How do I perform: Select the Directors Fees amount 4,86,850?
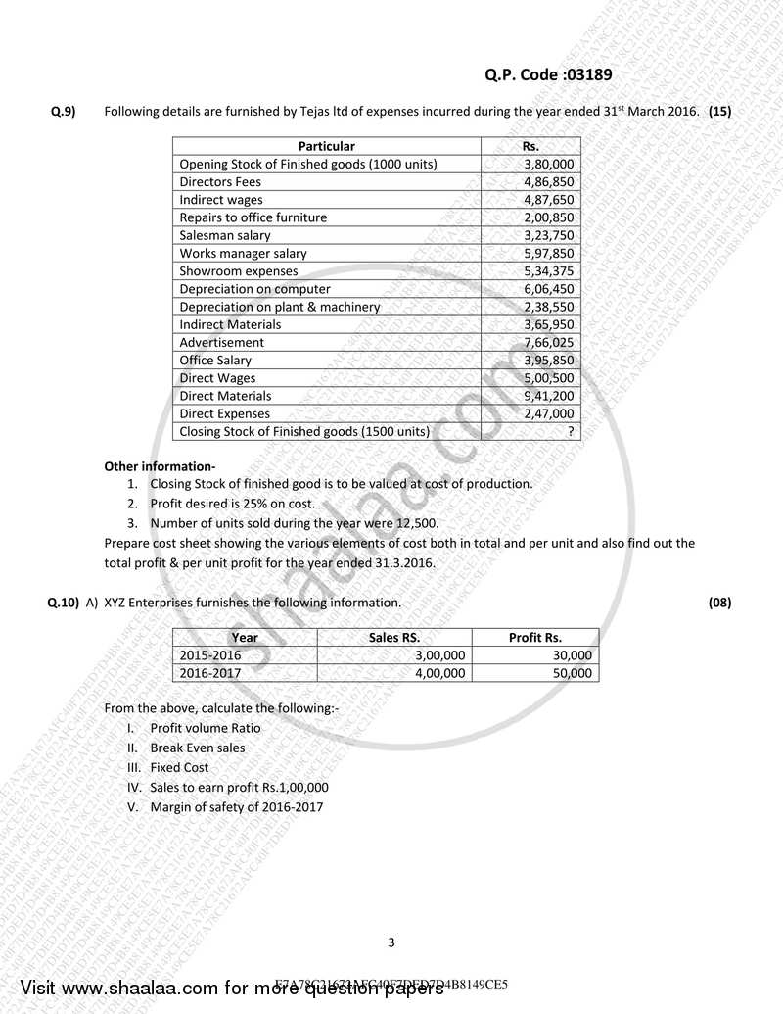[549, 182]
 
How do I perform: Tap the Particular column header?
[327, 146]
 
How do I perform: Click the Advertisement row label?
[221, 343]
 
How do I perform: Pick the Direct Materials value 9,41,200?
[549, 396]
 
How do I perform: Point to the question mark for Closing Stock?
[570, 432]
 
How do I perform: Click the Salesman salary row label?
[225, 235]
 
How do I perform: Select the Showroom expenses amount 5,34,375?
[549, 271]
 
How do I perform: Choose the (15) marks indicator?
[719, 112]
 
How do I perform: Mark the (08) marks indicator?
[719, 603]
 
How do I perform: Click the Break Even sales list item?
[198, 748]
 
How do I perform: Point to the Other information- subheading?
[160, 466]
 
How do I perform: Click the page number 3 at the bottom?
[391, 943]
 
